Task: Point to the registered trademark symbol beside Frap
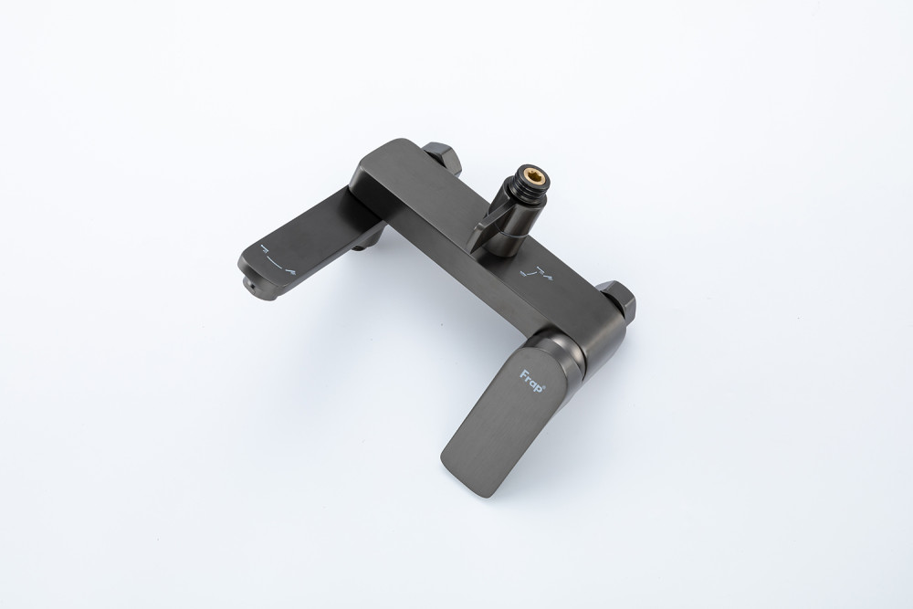click(x=545, y=383)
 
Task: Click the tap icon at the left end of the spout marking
click(x=265, y=248)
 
